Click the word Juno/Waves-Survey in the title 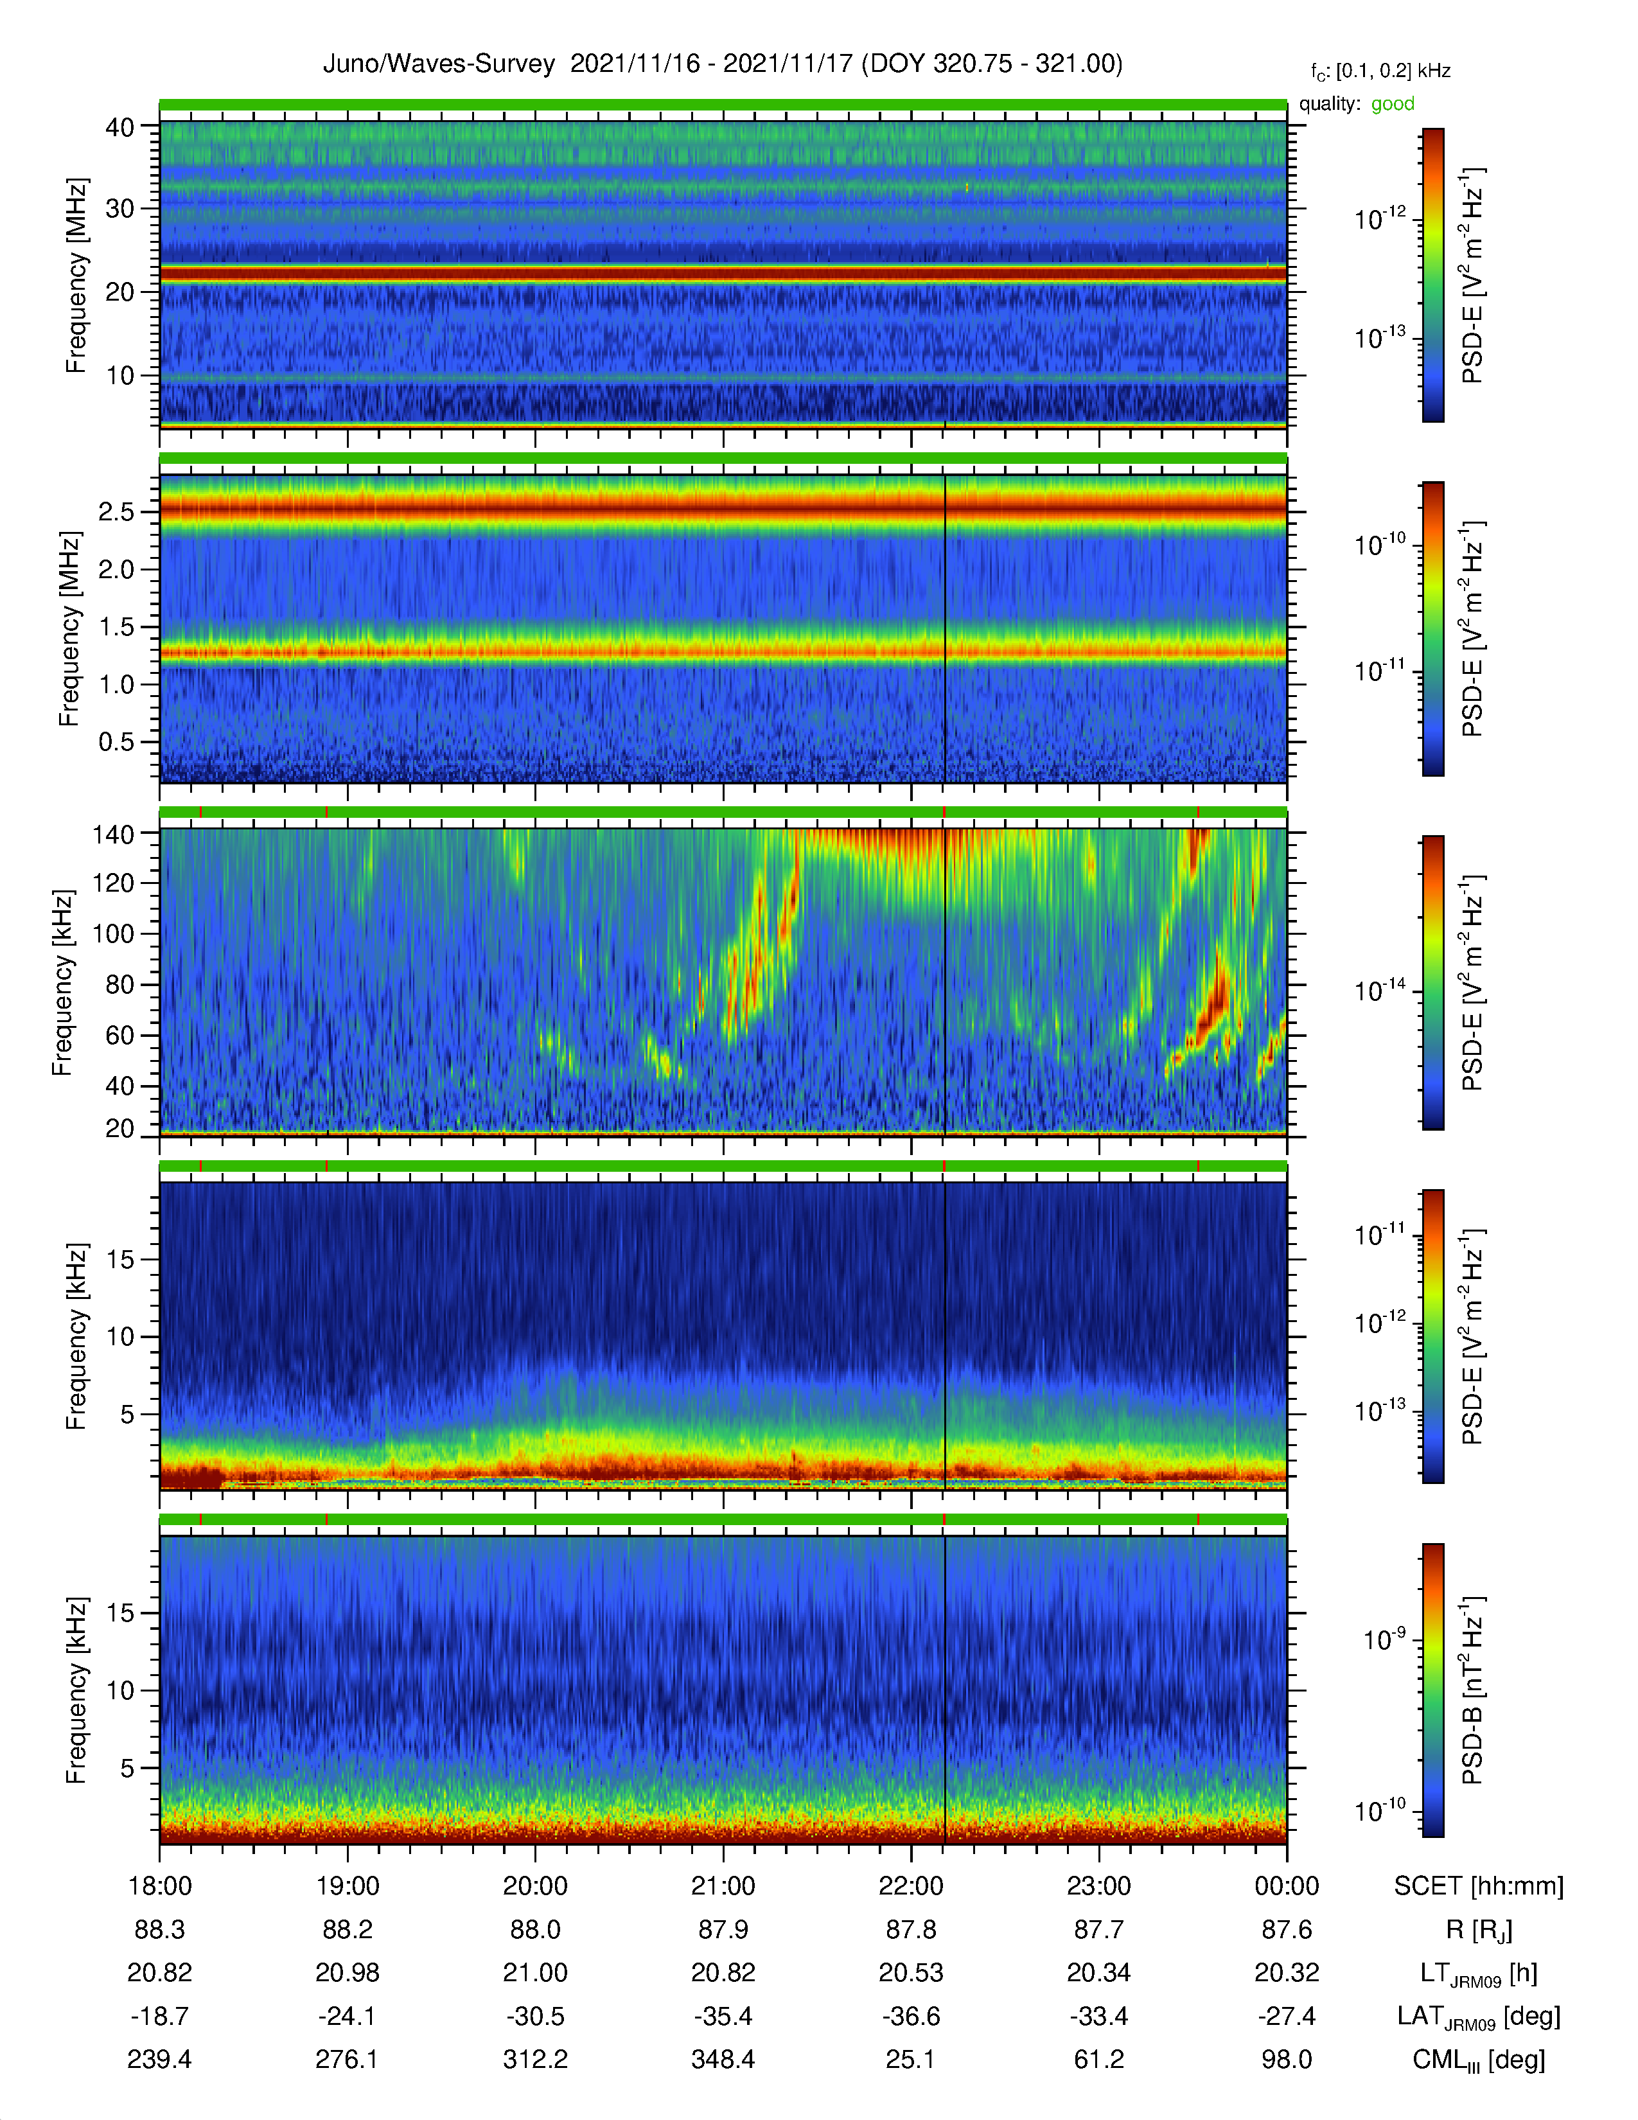pyautogui.click(x=439, y=64)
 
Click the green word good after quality pyautogui.click(x=1393, y=104)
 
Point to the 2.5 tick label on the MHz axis pyautogui.click(x=116, y=511)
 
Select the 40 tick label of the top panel pyautogui.click(x=119, y=127)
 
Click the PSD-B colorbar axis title pyautogui.click(x=1472, y=1690)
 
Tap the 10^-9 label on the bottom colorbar pyautogui.click(x=1384, y=1639)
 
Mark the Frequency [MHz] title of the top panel pyautogui.click(x=76, y=276)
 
